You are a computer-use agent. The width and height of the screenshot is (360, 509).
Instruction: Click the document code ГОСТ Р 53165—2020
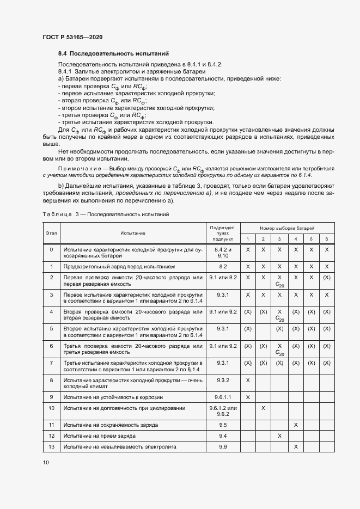click(72, 37)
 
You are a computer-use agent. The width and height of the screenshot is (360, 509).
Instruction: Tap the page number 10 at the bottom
click(46, 462)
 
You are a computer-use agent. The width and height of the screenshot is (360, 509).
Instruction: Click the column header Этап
click(51, 232)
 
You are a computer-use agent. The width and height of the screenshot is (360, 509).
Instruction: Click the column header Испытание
click(133, 232)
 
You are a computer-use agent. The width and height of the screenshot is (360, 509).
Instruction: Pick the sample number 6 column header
click(326, 239)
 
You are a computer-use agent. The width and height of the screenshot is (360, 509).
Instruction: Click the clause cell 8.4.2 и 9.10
click(222, 252)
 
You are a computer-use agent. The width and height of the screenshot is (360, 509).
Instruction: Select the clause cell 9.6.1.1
click(222, 397)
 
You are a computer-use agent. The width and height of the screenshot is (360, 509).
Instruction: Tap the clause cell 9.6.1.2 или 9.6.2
click(222, 411)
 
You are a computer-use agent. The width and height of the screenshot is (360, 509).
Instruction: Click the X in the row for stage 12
click(279, 436)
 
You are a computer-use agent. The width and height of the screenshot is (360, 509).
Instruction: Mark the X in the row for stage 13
click(295, 446)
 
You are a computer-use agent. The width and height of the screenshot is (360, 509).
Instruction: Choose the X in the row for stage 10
click(263, 408)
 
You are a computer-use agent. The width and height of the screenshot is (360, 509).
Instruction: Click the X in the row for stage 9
click(248, 397)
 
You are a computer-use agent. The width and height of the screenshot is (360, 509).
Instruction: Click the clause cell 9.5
click(222, 425)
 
